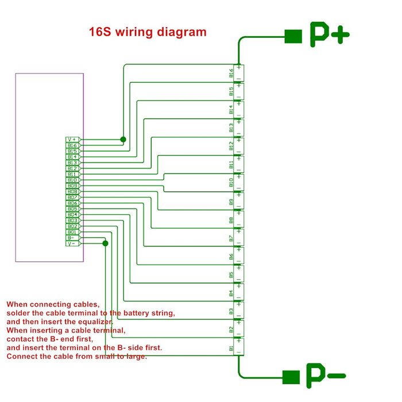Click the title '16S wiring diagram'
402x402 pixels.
[148, 32]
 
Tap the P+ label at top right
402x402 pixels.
[330, 35]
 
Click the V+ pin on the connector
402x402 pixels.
[72, 140]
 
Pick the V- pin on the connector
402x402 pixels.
[72, 243]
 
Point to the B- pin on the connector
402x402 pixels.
[72, 238]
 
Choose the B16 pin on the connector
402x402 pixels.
[72, 145]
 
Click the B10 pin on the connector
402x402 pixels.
[72, 180]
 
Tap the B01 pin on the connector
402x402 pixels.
[72, 232]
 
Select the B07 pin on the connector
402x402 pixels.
[72, 198]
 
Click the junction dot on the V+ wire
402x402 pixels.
[123, 140]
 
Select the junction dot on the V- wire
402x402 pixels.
[105, 243]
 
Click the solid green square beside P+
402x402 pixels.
[293, 36]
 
